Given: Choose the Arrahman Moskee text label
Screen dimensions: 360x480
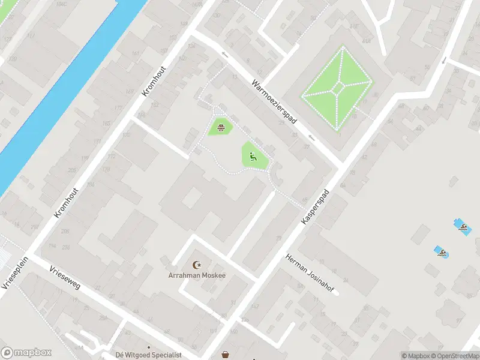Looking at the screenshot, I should (196, 275).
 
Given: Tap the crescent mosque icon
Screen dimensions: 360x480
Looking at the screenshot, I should (196, 265).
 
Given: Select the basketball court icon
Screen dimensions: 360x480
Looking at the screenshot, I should (221, 126).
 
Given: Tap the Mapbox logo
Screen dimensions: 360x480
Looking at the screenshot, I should (26, 352).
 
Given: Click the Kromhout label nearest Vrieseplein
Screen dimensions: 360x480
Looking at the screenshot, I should (62, 202).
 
